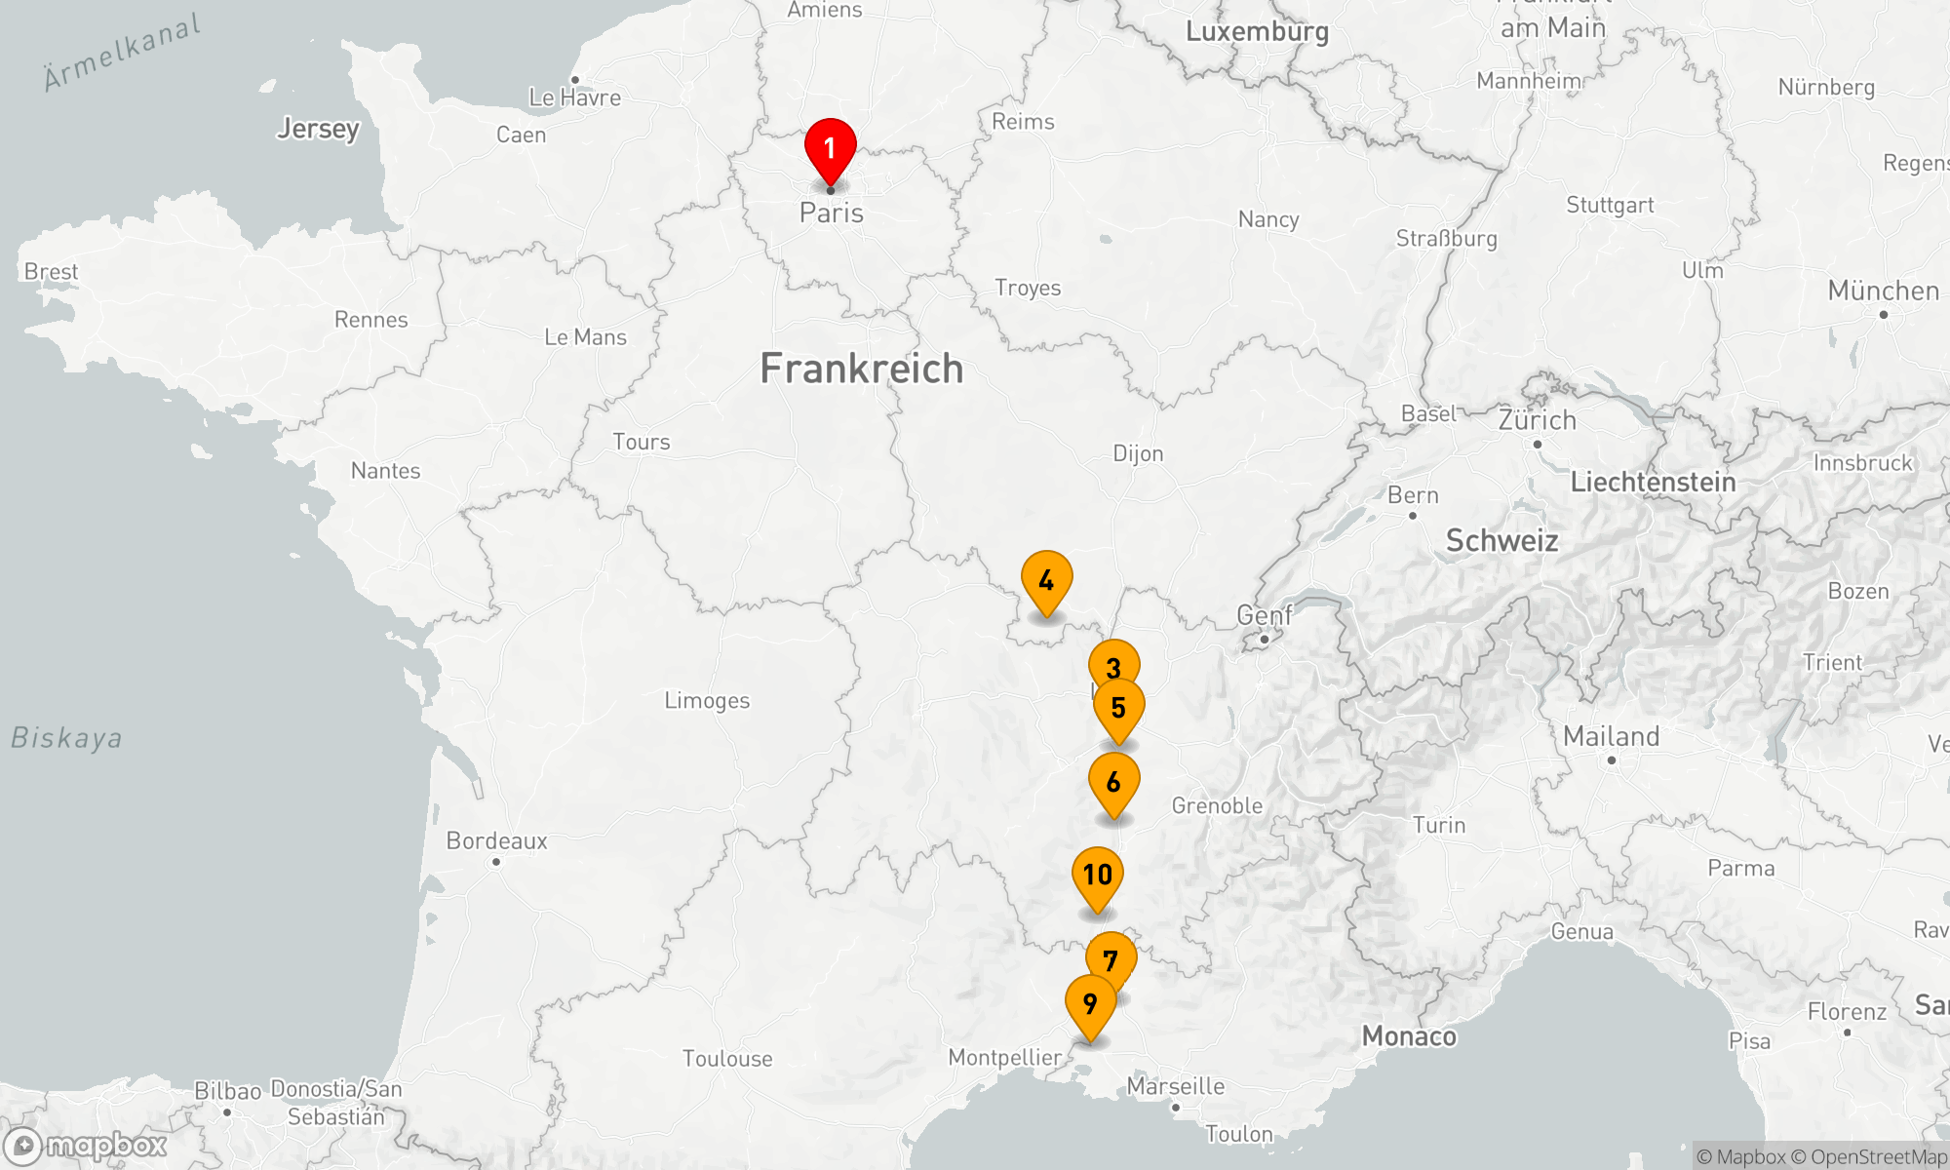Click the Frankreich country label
(x=861, y=369)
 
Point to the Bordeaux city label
(x=496, y=840)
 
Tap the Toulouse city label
(x=727, y=1059)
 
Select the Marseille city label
(x=1176, y=1086)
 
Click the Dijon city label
(x=1138, y=453)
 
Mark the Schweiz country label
(x=1501, y=540)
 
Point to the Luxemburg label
(x=1257, y=31)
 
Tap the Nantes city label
(x=385, y=471)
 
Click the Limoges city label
(x=707, y=701)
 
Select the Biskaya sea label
(x=66, y=738)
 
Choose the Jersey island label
(x=318, y=129)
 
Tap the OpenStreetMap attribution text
(x=1878, y=1157)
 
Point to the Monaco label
(x=1409, y=1036)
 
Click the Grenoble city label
(x=1217, y=806)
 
